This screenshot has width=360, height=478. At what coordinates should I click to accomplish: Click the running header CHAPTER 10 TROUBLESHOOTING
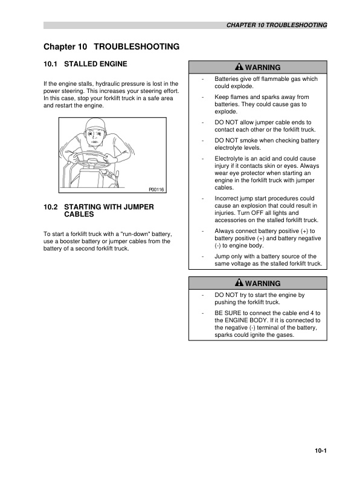pos(277,25)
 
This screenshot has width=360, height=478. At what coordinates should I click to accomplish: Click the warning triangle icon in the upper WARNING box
pos(239,67)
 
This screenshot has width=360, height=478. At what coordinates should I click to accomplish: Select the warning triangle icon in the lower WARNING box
pos(239,283)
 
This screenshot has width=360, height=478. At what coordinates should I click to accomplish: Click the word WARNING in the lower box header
pos(263,283)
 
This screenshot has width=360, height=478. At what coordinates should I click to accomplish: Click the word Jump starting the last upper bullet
pos(223,257)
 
